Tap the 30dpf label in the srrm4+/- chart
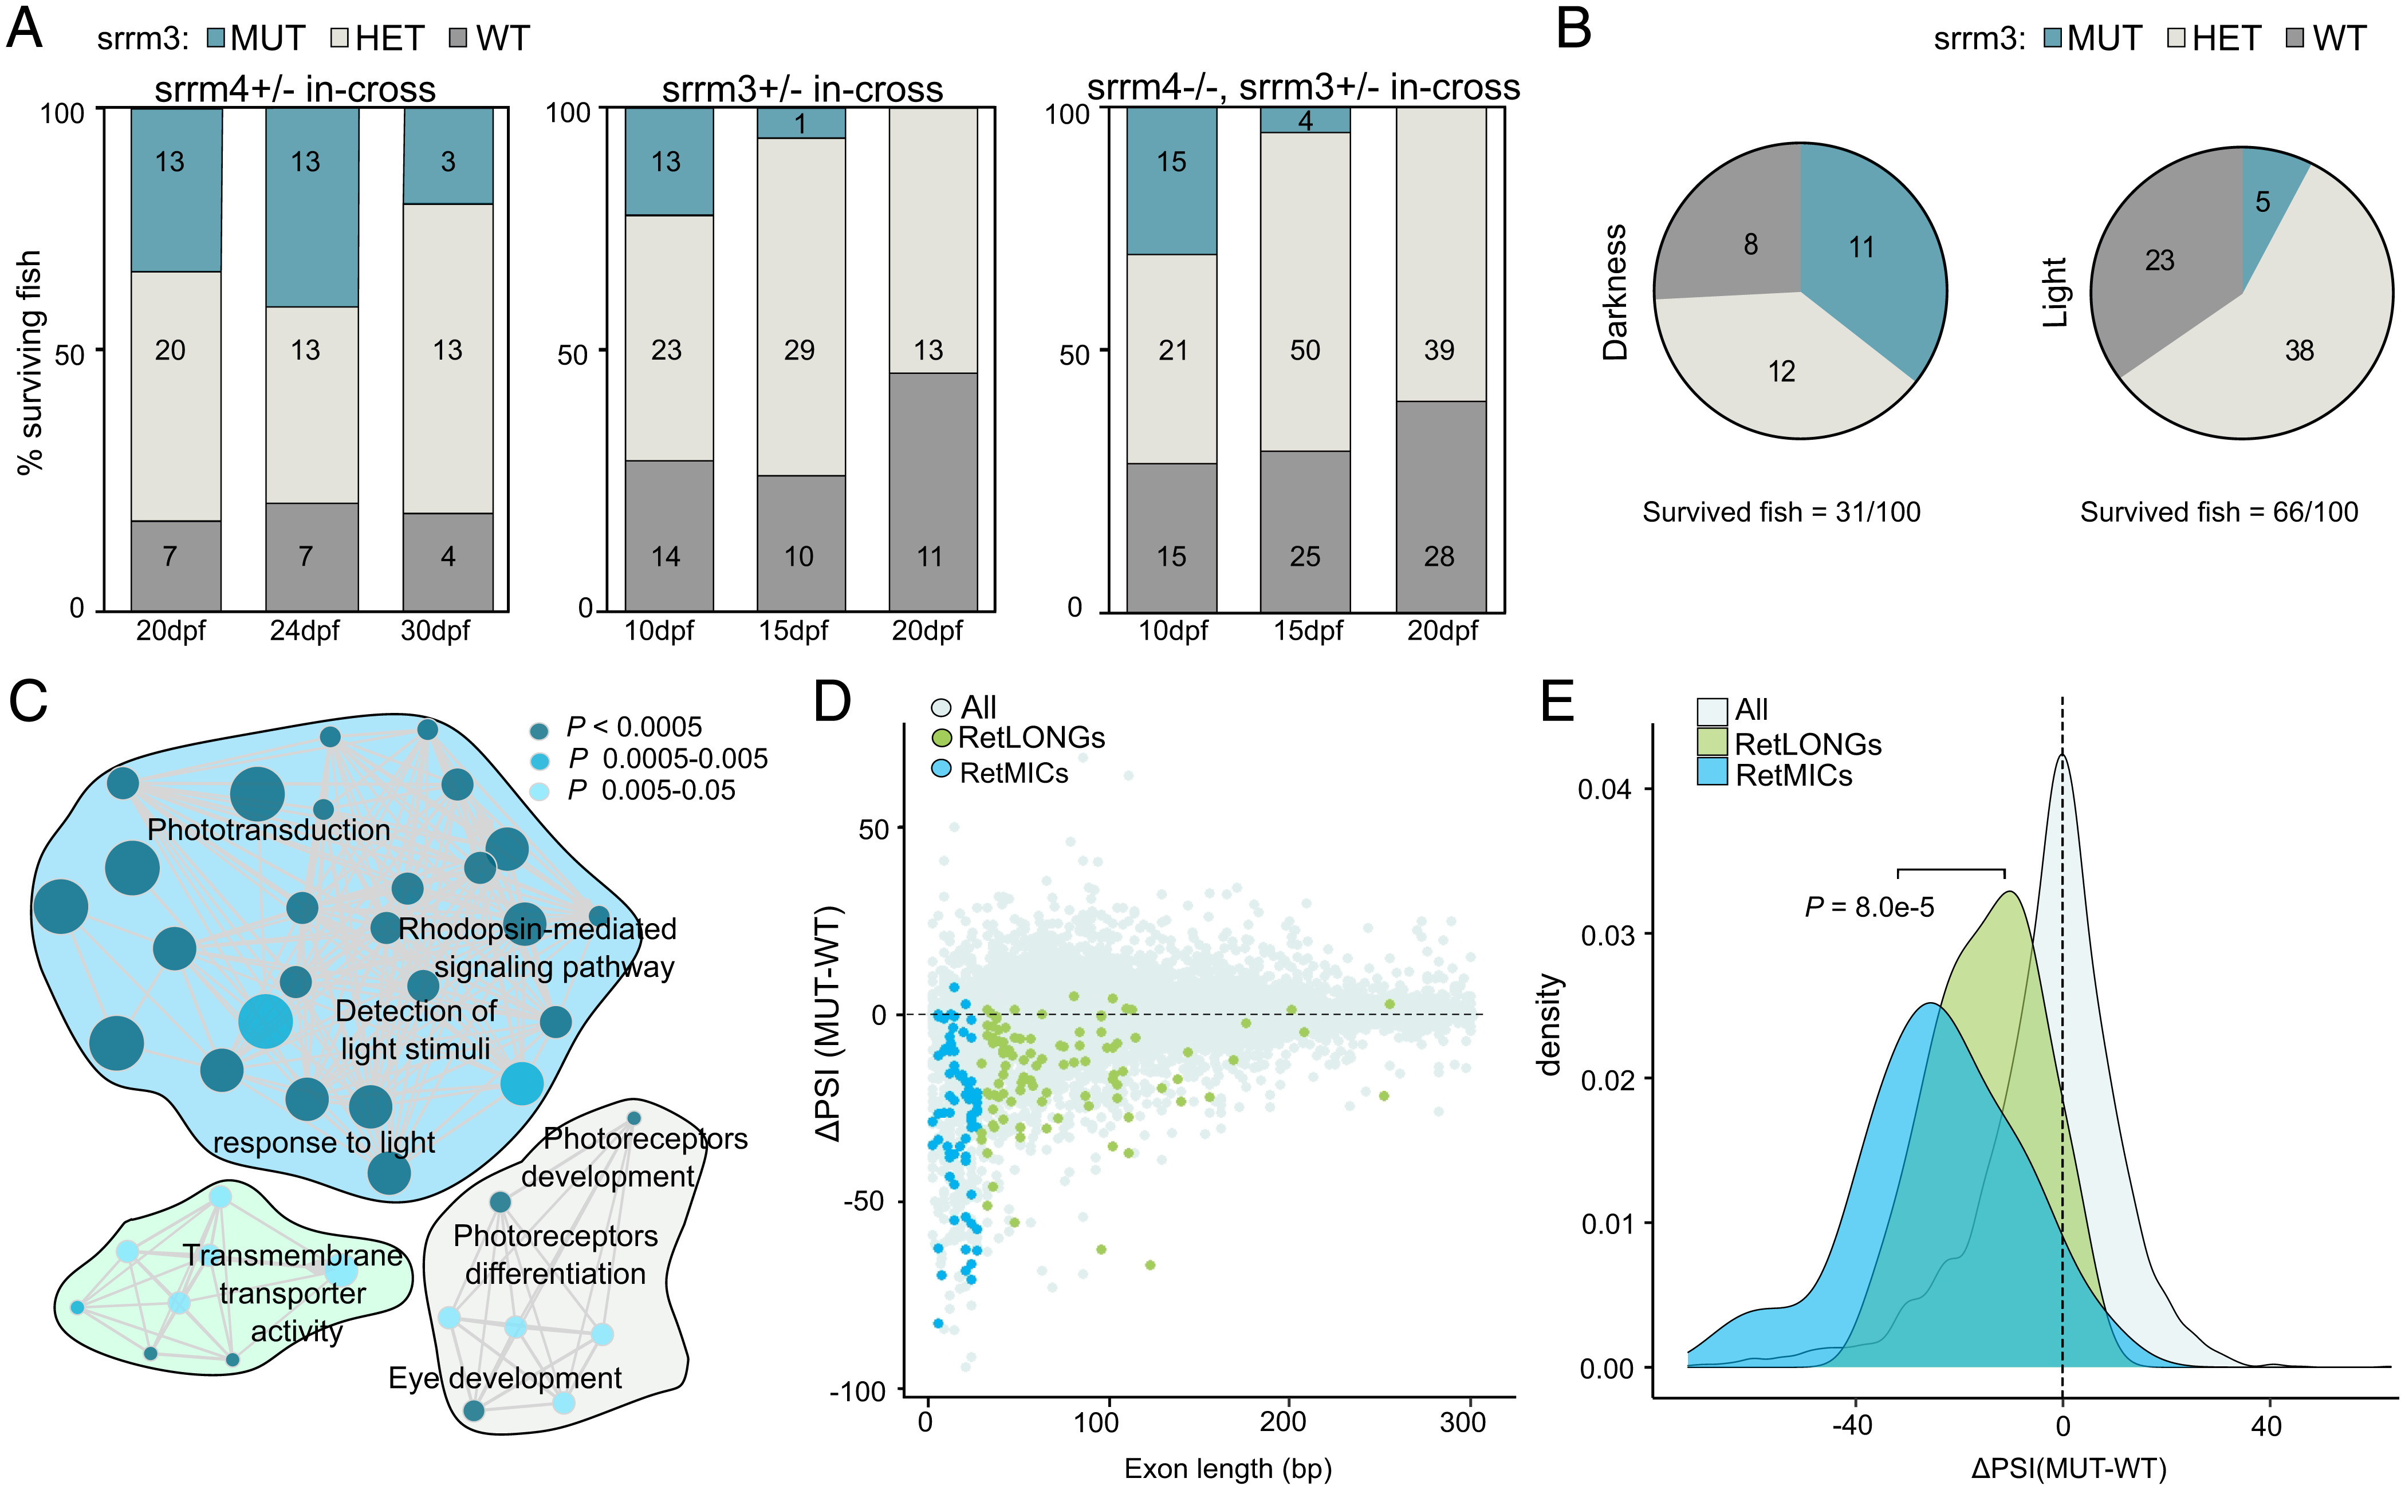tap(435, 630)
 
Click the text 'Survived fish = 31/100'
tap(1780, 513)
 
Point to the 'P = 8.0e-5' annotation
tap(1869, 906)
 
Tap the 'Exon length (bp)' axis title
tap(1227, 1468)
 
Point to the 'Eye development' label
tap(505, 1378)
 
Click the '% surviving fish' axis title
tap(30, 362)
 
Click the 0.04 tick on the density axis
tap(1605, 789)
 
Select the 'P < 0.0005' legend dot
tap(539, 730)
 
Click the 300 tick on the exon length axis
tap(1463, 1422)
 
